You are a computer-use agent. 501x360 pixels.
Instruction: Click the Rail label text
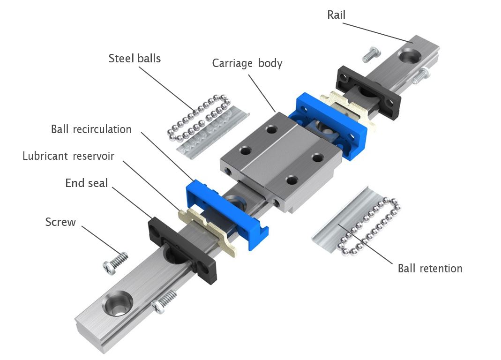tap(336, 15)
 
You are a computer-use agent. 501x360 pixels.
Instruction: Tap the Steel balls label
tap(135, 58)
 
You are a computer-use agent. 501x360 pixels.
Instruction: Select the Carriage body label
tap(247, 63)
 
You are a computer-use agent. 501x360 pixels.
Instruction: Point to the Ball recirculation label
tap(91, 129)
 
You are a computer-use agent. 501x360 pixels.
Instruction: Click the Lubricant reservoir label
tap(68, 156)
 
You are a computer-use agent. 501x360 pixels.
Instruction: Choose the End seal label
tap(86, 183)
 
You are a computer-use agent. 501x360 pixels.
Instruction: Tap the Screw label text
tap(60, 222)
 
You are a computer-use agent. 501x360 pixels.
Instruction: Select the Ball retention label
tap(430, 268)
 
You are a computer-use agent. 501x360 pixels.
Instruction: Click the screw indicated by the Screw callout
tap(115, 263)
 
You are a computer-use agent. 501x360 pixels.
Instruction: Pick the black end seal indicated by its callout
tap(182, 251)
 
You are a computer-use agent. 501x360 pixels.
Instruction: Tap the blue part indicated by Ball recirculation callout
tap(227, 214)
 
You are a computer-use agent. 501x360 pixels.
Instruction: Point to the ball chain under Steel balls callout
tap(199, 118)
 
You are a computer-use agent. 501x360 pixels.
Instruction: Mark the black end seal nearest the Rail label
tap(368, 92)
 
